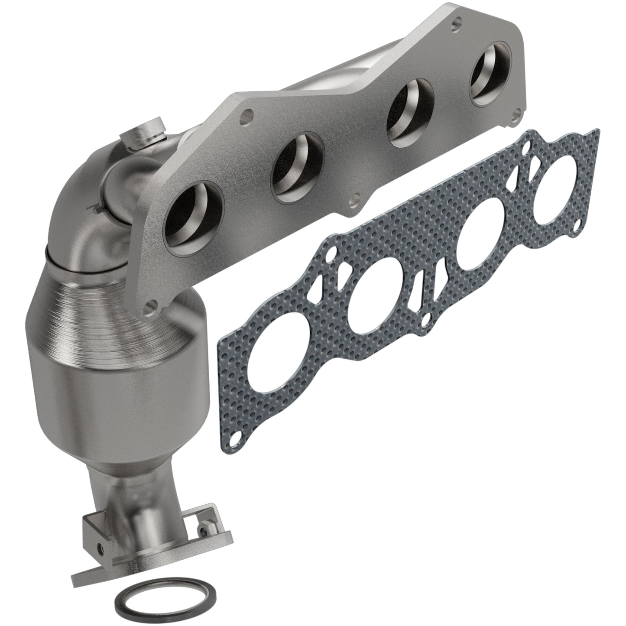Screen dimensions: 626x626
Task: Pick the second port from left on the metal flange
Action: (298, 170)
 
